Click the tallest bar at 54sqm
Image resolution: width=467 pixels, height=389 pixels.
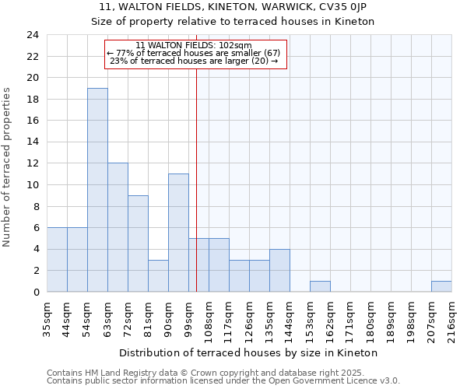click(97, 190)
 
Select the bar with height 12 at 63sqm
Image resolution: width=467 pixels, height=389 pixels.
click(118, 227)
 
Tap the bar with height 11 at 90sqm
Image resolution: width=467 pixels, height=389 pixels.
click(178, 233)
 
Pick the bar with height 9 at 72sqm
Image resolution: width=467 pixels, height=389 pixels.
click(138, 244)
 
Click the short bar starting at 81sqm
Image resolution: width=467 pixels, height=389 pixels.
click(158, 275)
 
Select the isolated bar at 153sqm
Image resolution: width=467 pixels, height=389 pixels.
click(320, 286)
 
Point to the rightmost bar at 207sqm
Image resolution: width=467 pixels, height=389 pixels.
click(441, 286)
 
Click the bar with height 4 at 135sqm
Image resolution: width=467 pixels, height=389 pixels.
click(279, 270)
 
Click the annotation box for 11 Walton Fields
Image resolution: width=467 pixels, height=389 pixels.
click(196, 53)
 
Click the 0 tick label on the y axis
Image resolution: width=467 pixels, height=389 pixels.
click(36, 293)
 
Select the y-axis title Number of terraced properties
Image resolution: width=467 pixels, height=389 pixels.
click(8, 167)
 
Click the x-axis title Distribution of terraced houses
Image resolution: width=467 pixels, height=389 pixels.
click(249, 352)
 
